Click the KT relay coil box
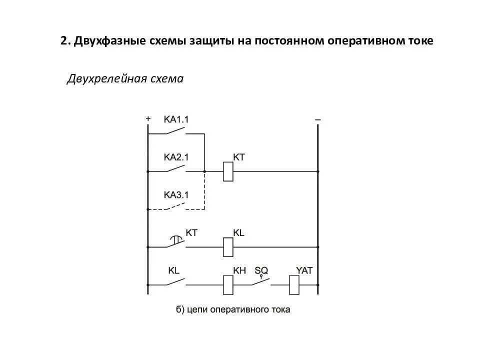click(x=227, y=171)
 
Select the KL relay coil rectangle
click(x=227, y=246)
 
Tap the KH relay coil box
click(x=227, y=285)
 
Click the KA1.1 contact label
click(x=176, y=119)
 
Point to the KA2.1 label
click(x=176, y=157)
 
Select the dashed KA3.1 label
click(x=176, y=194)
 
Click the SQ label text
click(x=261, y=270)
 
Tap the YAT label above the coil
click(x=304, y=270)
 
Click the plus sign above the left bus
click(x=148, y=119)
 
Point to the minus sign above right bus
click(x=317, y=119)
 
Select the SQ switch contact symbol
click(x=261, y=281)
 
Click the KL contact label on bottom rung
click(x=173, y=270)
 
